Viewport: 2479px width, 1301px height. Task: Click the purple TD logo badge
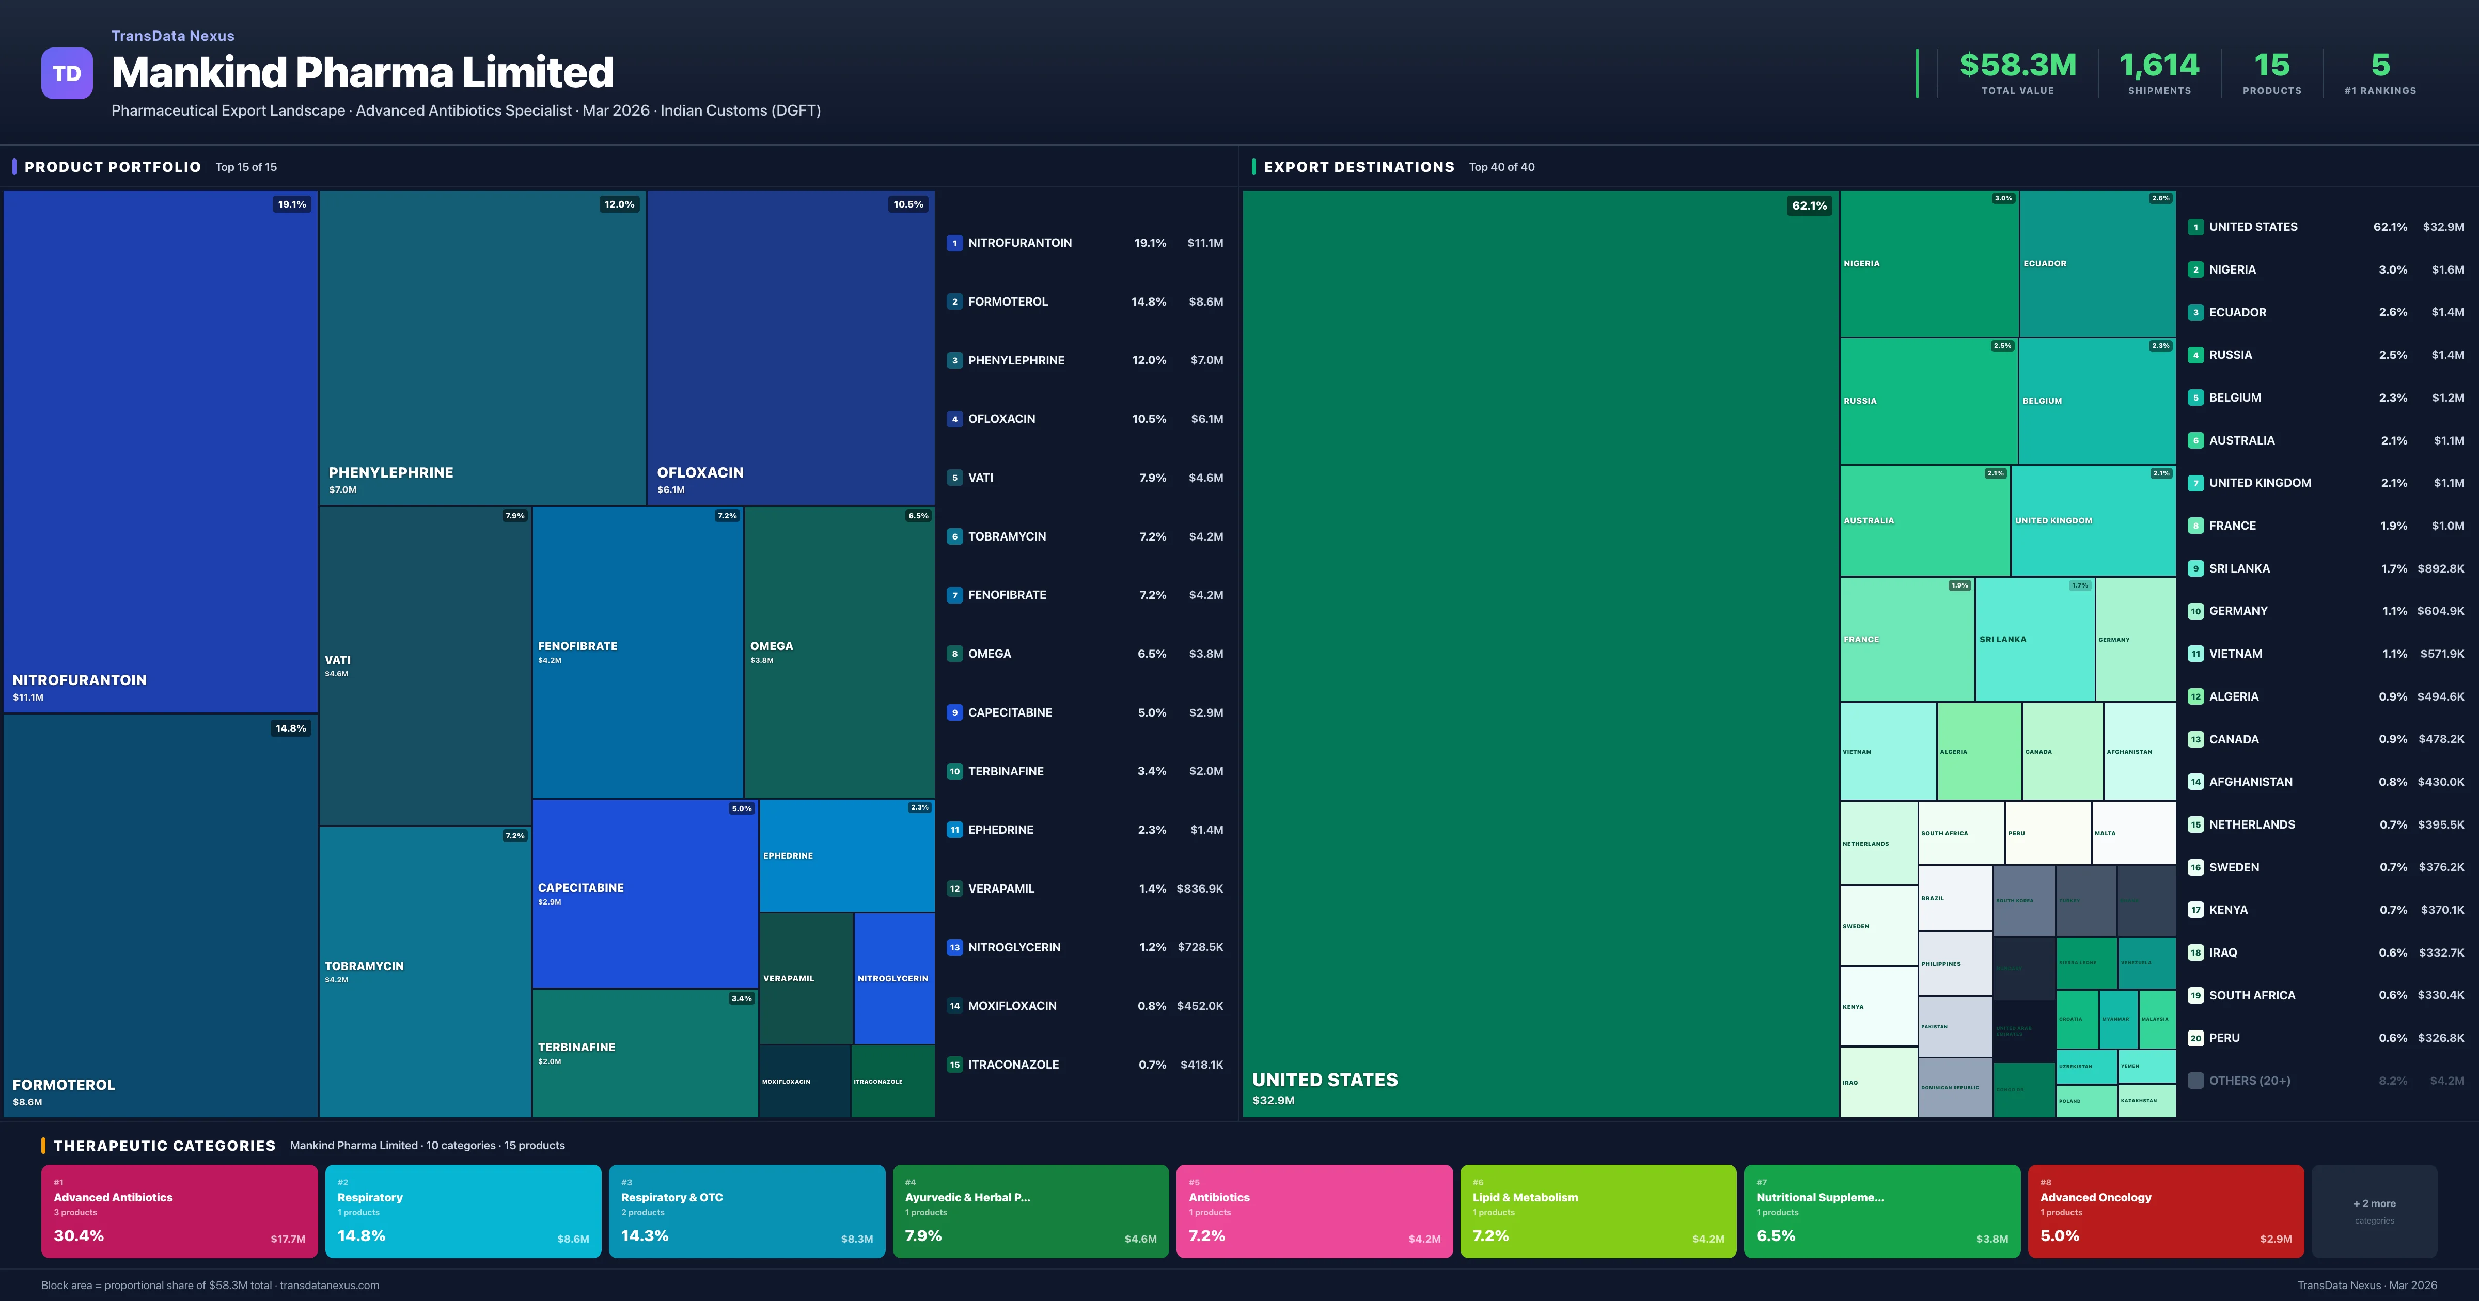coord(67,73)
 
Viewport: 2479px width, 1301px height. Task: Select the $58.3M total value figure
coord(2017,66)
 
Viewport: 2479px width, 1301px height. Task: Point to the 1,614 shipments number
coord(2159,66)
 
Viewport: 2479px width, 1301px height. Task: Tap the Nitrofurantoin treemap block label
coord(80,679)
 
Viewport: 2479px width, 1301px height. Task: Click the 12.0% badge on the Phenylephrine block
coord(619,204)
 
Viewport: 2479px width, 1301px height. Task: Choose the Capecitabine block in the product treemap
coord(645,893)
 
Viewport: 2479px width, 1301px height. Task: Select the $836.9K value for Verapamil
coord(1199,888)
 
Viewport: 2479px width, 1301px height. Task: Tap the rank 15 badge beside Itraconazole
coord(954,1064)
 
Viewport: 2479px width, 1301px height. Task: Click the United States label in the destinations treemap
coord(1324,1080)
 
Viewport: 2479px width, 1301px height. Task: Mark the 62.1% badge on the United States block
coord(1808,205)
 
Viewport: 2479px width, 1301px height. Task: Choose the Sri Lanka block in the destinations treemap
coord(2034,639)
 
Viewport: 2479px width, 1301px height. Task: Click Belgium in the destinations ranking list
coord(2235,398)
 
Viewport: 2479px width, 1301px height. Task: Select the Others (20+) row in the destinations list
coord(2249,1081)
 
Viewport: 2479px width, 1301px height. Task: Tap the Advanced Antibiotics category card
coord(179,1211)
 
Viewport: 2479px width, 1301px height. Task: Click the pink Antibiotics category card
coord(1313,1211)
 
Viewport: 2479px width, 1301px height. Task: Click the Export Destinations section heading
coord(1358,166)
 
